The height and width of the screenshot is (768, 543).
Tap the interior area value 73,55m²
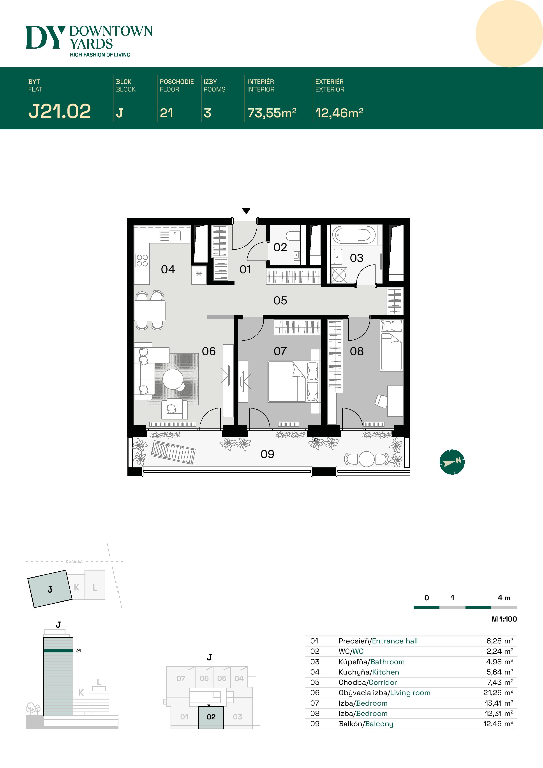(x=272, y=113)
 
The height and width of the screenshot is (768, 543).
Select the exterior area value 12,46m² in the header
(x=339, y=113)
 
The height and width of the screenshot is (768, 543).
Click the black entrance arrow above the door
(x=246, y=211)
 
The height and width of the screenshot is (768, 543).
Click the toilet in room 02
(x=293, y=236)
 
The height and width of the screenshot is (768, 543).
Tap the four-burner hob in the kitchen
(x=142, y=261)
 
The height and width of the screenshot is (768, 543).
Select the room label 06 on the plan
(x=208, y=351)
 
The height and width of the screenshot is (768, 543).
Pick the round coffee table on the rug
(x=173, y=379)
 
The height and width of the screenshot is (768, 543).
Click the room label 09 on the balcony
(x=267, y=454)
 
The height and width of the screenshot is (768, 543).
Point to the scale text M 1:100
(x=504, y=619)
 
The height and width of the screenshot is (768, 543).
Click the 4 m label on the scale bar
(x=504, y=598)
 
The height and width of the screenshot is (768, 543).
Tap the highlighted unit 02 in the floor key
(x=211, y=717)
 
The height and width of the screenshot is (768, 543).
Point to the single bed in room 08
(x=391, y=346)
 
